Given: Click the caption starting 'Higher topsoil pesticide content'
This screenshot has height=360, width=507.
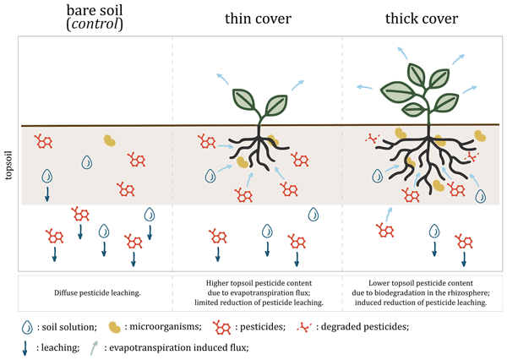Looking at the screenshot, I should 255,284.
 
